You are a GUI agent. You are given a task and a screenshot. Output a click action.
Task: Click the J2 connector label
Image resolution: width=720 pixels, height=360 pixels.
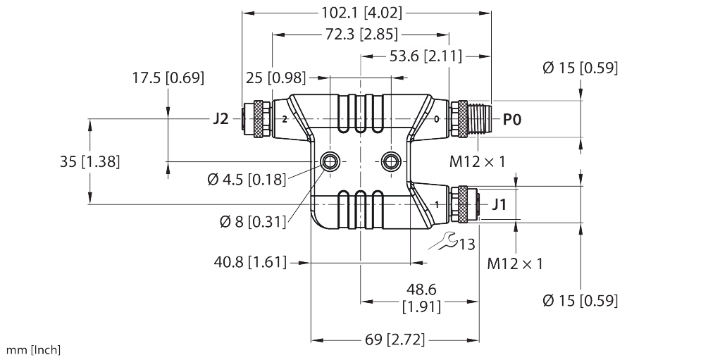[x=221, y=119]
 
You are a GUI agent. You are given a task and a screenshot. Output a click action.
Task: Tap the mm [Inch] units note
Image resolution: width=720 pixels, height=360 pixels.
[x=34, y=349]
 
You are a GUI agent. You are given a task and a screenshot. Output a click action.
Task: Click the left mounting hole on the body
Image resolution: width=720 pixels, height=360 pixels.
[x=329, y=162]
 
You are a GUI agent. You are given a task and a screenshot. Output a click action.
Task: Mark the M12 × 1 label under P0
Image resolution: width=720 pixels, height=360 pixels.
[x=478, y=162]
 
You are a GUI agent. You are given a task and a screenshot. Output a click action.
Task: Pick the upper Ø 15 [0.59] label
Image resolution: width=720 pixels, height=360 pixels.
[x=581, y=68]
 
